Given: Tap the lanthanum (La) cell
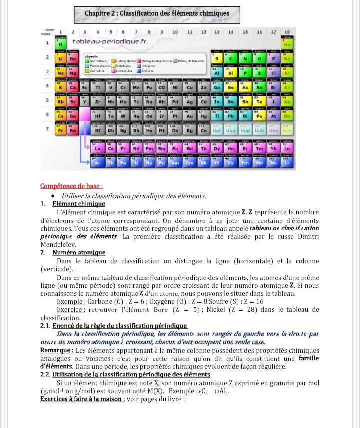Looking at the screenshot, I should tap(97, 148).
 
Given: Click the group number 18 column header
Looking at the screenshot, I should tap(287, 32).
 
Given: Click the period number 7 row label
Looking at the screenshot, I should tap(47, 129).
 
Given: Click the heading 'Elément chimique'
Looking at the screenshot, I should tap(78, 204).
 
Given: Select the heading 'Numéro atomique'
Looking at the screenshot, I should tap(79, 253).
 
